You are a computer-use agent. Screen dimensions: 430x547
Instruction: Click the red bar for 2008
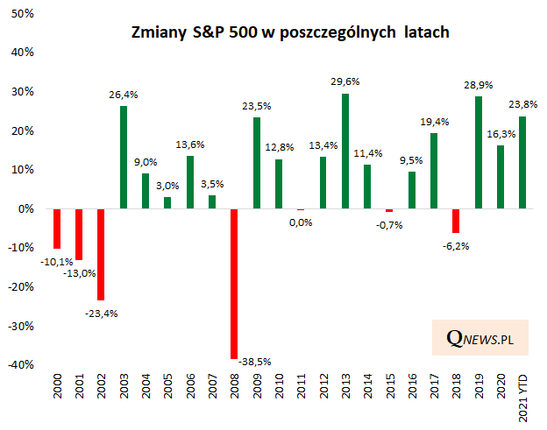point(234,284)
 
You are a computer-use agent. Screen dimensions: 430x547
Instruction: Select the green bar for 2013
point(345,151)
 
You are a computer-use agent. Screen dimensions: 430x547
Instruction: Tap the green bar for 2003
point(123,157)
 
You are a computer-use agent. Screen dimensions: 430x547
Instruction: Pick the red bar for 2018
point(456,221)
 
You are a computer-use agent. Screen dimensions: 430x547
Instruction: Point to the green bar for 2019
point(479,152)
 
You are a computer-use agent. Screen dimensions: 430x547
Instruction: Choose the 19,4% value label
point(434,123)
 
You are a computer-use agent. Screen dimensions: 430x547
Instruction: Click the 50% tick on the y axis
point(24,14)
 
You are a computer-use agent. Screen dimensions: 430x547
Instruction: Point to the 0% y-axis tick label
point(26,209)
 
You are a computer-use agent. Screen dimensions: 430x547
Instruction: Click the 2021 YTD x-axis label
point(523,399)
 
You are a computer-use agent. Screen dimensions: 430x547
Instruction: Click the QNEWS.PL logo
point(479,338)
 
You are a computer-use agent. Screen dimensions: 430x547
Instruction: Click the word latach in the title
point(422,33)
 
